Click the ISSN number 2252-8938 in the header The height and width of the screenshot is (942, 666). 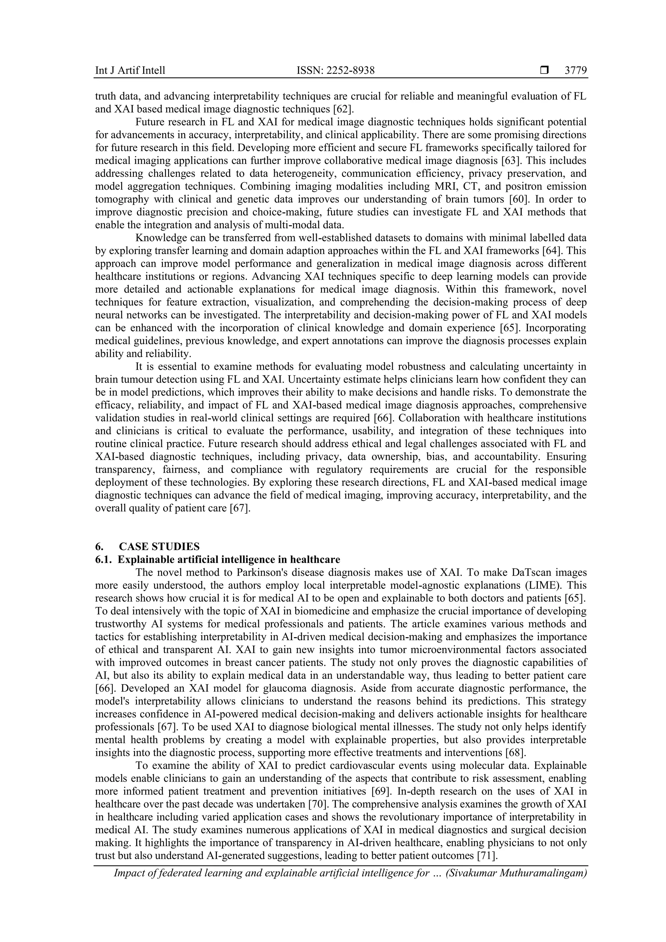click(x=336, y=71)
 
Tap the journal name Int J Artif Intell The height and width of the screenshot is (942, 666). click(x=130, y=71)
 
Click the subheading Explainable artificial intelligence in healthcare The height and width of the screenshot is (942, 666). click(x=229, y=559)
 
